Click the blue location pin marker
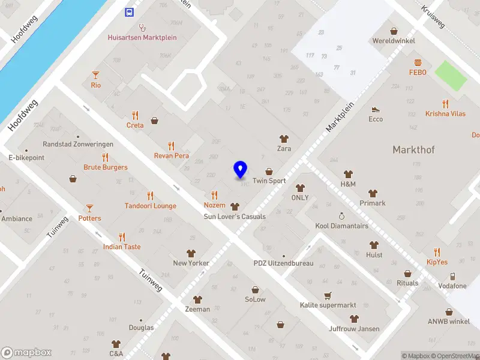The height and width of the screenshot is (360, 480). tap(240, 170)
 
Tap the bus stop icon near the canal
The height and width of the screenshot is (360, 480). tap(129, 12)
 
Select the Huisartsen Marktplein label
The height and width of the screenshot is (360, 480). tap(142, 37)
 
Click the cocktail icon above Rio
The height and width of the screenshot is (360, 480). tap(95, 75)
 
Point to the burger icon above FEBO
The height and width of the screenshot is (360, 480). tap(418, 62)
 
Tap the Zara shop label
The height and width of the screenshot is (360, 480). tap(284, 148)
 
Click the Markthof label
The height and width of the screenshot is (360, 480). tap(413, 149)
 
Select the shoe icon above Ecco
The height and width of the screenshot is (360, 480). tap(376, 109)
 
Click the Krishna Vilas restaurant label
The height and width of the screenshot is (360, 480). tap(445, 113)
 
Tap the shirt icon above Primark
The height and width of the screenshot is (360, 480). tap(373, 193)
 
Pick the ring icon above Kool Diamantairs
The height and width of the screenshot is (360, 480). tap(342, 216)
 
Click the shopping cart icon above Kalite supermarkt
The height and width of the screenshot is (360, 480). tap(328, 295)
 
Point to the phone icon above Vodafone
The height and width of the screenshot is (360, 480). tap(453, 276)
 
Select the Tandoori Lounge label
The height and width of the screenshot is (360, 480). tap(150, 206)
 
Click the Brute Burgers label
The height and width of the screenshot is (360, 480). tap(106, 167)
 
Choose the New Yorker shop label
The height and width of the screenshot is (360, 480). tap(191, 263)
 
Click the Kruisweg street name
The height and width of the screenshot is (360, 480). tap(433, 18)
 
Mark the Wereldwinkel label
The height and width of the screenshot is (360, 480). tap(394, 41)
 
